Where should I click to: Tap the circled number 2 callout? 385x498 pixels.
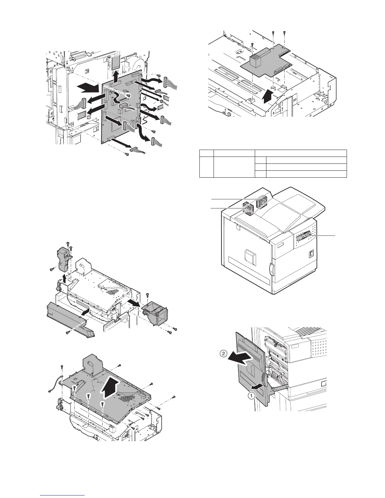click(223, 354)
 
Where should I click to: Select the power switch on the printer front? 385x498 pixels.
click(311, 253)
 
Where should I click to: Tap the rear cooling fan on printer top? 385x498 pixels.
click(262, 202)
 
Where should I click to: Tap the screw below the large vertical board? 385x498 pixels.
click(126, 154)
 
